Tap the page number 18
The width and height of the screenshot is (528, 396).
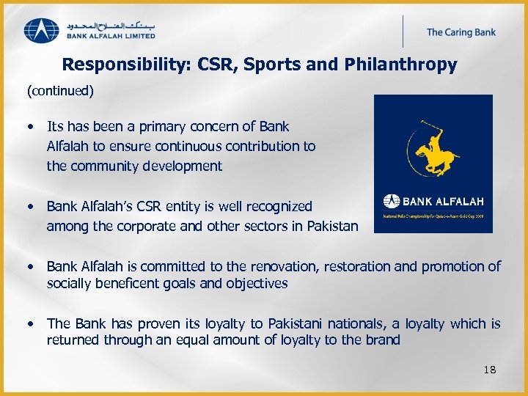coord(490,370)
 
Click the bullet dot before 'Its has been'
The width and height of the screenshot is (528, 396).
coord(33,127)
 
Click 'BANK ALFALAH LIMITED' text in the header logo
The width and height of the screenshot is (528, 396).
coord(111,34)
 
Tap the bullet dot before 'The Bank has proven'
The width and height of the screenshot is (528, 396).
coord(33,323)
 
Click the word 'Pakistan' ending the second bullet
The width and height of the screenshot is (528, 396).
coord(334,227)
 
